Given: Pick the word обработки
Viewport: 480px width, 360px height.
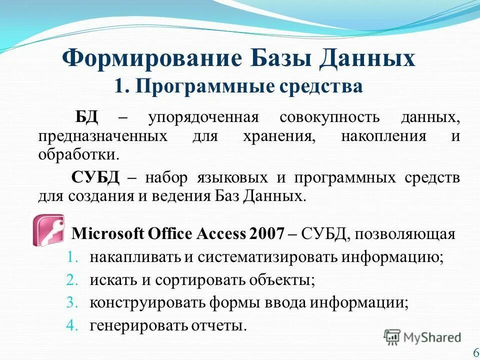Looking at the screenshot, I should click(x=78, y=153).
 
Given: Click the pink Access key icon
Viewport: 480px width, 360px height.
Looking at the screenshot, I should click(x=48, y=230).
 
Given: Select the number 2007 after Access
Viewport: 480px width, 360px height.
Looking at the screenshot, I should click(x=266, y=234).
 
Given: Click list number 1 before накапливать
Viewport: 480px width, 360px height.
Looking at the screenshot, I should click(x=71, y=257).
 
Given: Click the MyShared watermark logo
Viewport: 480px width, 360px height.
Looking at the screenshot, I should click(x=423, y=336).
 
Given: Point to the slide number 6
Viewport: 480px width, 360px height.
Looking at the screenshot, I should click(x=475, y=352).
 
